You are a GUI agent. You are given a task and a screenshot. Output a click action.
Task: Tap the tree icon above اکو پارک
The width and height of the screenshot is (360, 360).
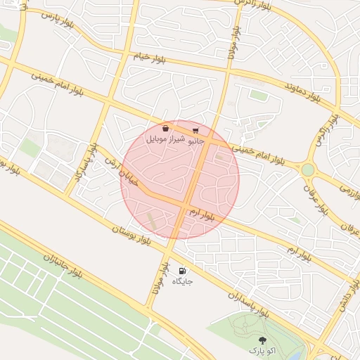pos(263,340)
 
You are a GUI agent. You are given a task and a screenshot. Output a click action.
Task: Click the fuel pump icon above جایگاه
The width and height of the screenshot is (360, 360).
pos(182,271)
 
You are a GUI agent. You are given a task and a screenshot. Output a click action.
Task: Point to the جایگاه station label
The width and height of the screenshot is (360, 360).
pos(182,281)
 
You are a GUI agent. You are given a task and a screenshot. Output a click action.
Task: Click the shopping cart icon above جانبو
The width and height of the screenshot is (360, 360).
pos(195,130)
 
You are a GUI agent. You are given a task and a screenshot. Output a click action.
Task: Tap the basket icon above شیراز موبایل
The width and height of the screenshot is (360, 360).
pos(165,129)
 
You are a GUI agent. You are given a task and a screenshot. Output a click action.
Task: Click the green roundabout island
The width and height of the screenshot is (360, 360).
pos(307,169)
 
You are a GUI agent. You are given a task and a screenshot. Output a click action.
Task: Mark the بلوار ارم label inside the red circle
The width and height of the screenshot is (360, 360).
pos(202,213)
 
